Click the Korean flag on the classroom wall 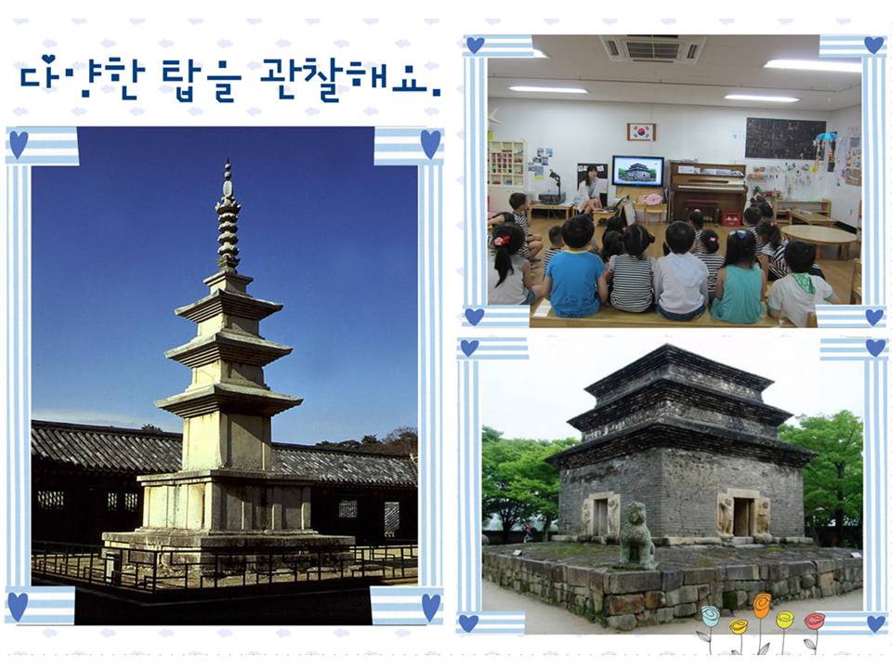[x=641, y=132]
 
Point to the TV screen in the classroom [x=637, y=171]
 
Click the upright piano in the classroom [x=707, y=191]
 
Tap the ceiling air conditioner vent [x=652, y=48]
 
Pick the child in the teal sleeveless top [x=738, y=278]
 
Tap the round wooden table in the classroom [x=820, y=239]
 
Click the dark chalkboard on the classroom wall [x=785, y=138]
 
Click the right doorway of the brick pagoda [x=741, y=516]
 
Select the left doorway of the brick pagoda [x=601, y=518]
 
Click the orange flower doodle [x=762, y=607]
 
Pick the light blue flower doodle [x=710, y=616]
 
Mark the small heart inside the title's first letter [x=49, y=59]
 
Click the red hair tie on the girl [x=503, y=240]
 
